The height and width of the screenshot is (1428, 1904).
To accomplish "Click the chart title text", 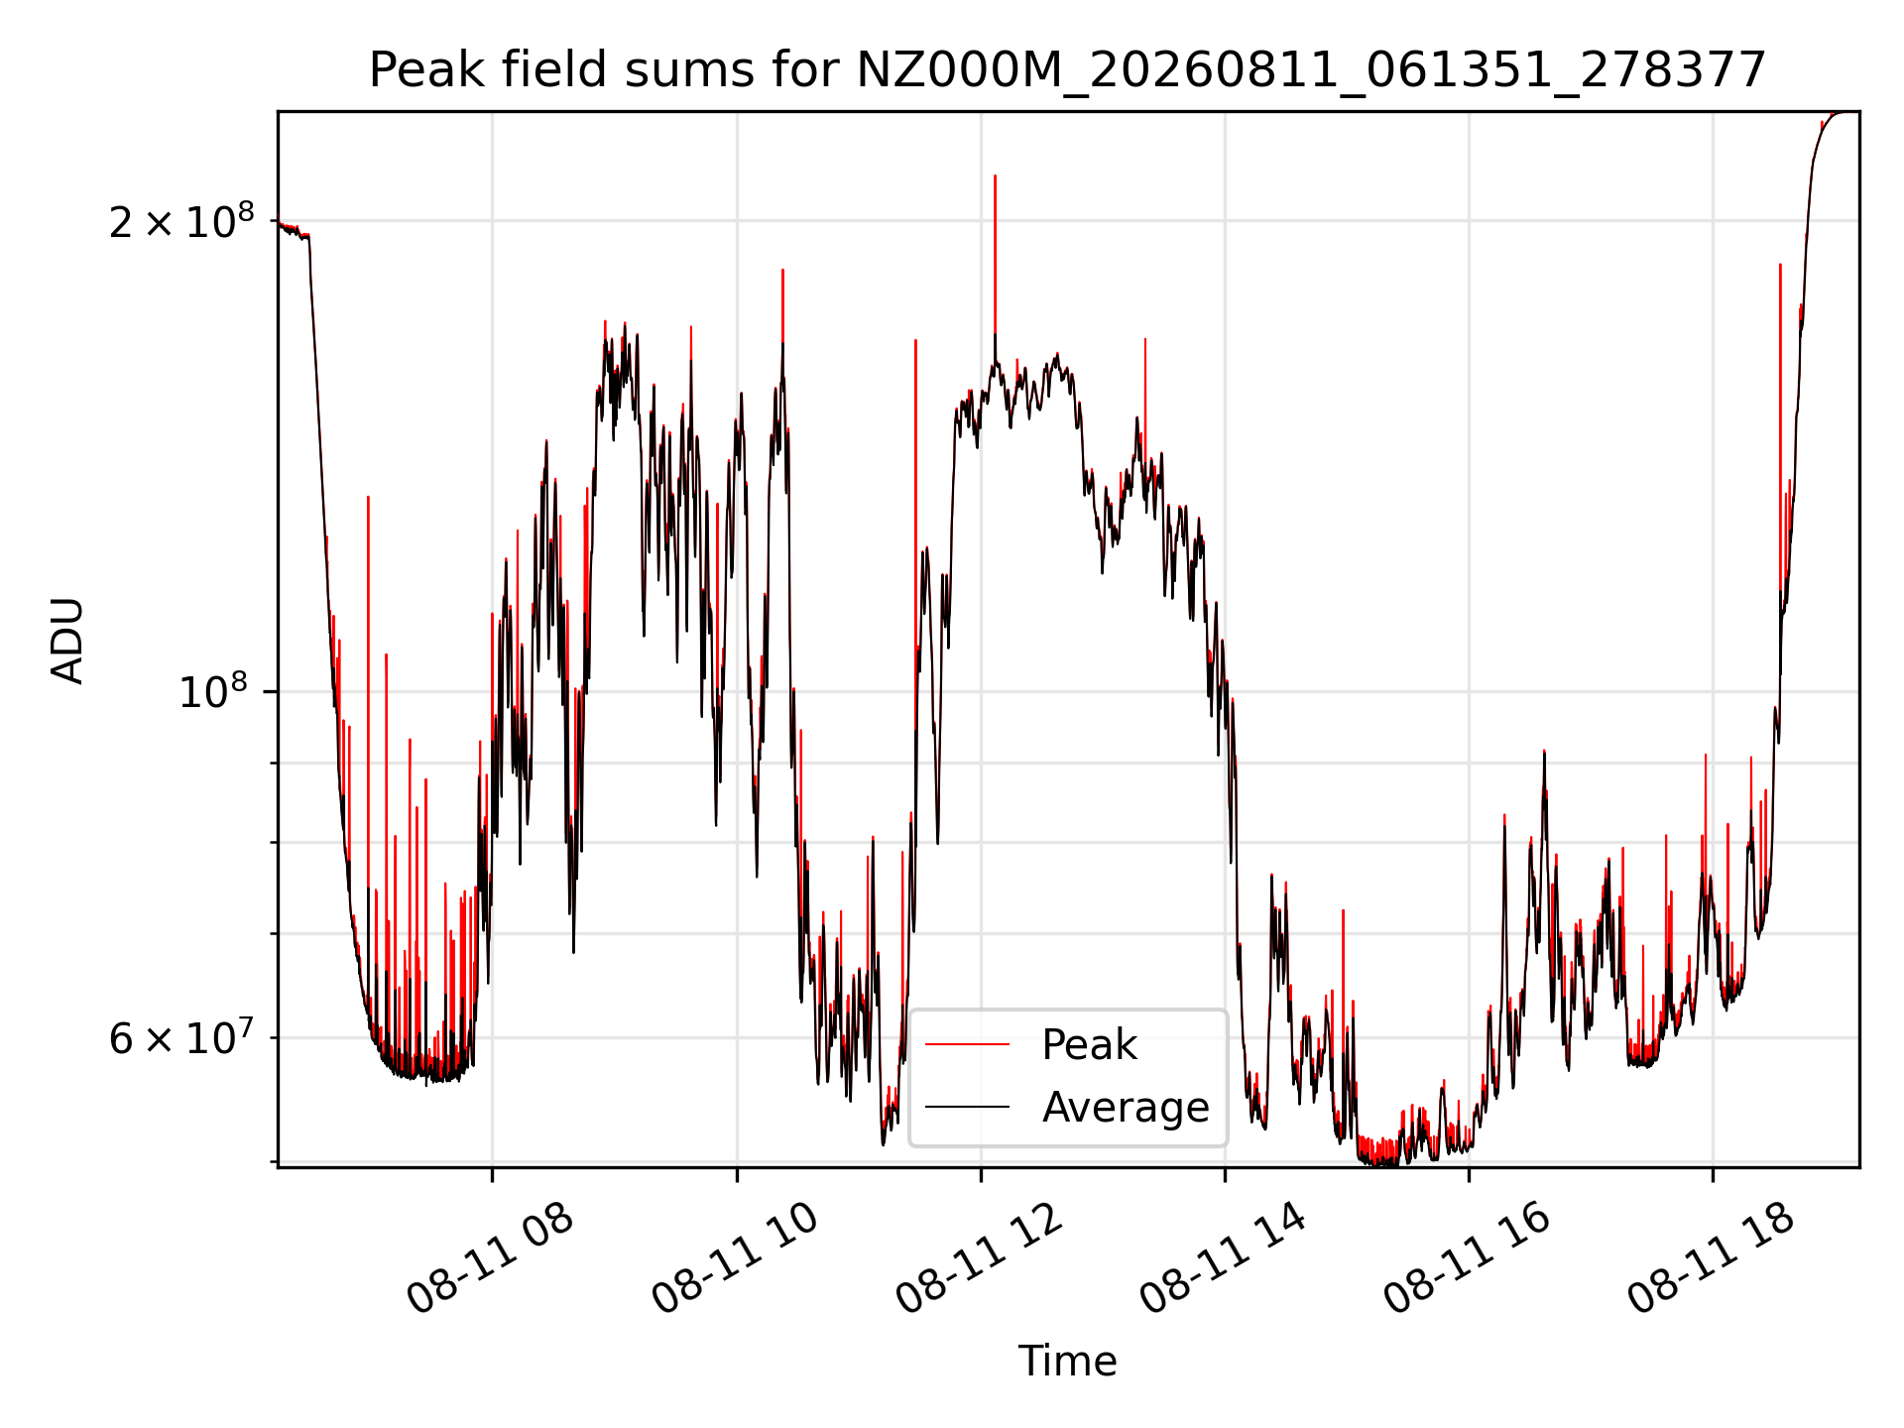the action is pos(1067,70).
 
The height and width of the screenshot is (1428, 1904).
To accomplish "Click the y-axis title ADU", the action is pos(67,641).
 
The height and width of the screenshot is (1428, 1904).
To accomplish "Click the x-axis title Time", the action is pos(1067,1361).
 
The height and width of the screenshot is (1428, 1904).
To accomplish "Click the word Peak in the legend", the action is pos(1089,1045).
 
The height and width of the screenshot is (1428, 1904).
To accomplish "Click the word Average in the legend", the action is pos(1126,1107).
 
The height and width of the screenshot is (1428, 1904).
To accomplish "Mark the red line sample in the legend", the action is pos(968,1044).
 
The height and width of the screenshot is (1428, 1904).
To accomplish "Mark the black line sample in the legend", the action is pos(968,1107).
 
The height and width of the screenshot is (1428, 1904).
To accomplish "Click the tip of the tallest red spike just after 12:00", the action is pos(995,176).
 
